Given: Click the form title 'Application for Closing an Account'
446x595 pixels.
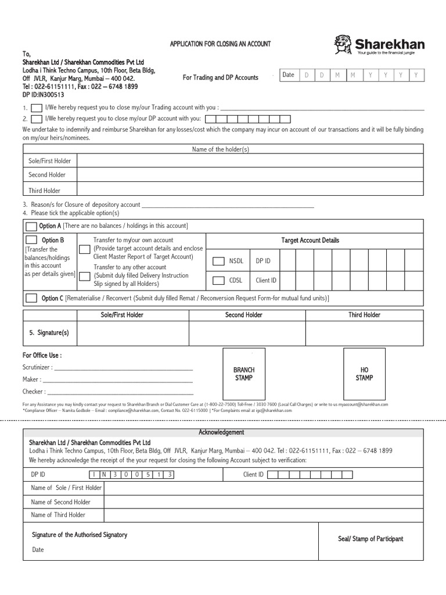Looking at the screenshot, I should coord(220,44).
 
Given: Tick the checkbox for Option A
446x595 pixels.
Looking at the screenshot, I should coord(31,226).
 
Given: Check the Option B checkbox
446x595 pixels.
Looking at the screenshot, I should coord(31,240).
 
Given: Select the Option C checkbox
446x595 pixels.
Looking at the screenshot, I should coord(31,299).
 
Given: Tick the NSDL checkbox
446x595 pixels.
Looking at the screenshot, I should coord(218,261).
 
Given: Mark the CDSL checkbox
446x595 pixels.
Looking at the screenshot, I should coord(218,280).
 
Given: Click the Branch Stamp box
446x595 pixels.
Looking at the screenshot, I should coord(244,374).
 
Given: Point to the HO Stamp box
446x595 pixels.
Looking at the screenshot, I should coord(365,374).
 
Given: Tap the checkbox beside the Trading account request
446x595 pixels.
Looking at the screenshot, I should coord(36,108).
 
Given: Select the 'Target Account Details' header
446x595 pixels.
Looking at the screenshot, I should coord(310,241).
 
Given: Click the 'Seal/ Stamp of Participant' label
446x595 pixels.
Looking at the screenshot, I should coord(371,539).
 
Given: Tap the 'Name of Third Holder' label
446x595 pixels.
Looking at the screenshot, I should coord(58,515).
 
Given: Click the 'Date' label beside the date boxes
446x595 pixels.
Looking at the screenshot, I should coord(288,75).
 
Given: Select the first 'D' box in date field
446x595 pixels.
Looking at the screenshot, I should coord(306,75).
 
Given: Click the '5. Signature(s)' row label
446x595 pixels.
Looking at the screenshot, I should coord(49,333).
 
